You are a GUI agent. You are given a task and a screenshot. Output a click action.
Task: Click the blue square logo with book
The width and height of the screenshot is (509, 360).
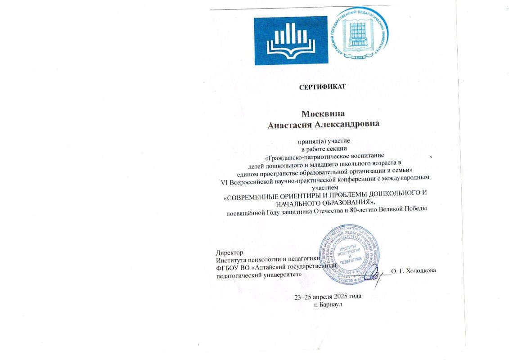[291, 40]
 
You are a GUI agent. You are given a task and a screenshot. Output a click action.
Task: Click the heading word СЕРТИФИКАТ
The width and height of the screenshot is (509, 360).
[322, 86]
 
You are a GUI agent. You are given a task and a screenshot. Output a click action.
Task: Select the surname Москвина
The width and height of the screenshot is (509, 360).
[323, 114]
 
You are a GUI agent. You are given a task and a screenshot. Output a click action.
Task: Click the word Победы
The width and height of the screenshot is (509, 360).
[413, 211]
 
